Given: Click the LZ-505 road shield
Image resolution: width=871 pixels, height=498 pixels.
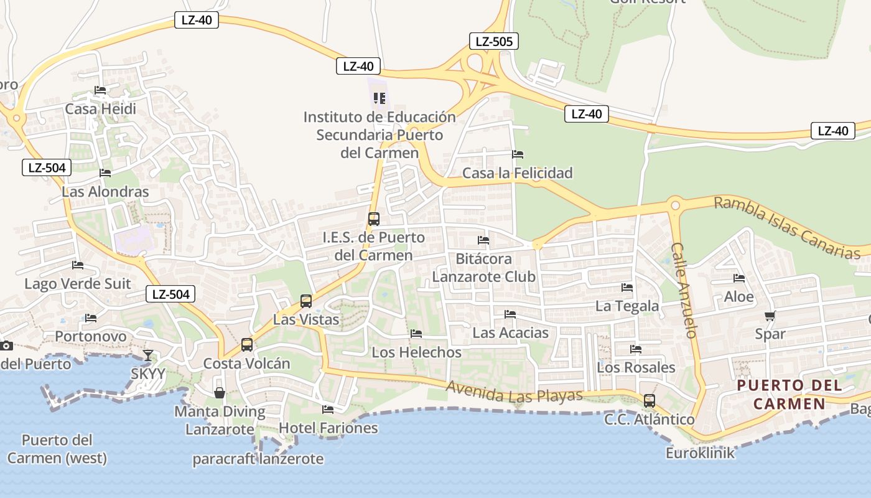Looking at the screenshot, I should click(493, 42).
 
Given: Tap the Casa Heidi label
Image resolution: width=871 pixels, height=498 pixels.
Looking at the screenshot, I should click(101, 109).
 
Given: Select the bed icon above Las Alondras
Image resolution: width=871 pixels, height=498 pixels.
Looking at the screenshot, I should click(105, 173).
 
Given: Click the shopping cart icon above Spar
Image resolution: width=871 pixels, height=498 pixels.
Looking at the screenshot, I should click(770, 316).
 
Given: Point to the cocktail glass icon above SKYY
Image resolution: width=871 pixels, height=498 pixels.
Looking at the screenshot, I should click(148, 355).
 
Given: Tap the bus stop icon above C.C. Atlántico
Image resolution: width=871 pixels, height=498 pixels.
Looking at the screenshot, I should click(650, 401).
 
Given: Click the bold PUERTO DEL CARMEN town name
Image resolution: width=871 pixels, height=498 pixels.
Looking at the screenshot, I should click(789, 395).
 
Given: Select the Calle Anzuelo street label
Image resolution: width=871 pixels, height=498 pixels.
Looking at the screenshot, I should click(684, 289).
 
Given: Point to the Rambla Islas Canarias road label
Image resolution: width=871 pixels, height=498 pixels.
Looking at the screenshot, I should click(787, 228).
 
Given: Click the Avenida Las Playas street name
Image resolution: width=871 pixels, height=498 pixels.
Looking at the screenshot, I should click(515, 391).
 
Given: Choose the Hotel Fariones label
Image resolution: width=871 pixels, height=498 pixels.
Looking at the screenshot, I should click(328, 428).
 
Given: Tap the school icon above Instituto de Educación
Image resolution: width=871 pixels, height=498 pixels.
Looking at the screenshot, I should click(380, 98).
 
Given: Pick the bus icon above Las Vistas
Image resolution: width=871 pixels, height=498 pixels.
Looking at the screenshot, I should click(306, 301).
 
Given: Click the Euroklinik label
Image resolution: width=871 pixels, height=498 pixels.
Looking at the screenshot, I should click(700, 453).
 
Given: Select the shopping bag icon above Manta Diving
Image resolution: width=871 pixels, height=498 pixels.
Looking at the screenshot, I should click(220, 393).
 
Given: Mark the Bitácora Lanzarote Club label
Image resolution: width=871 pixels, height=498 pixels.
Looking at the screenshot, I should click(484, 268).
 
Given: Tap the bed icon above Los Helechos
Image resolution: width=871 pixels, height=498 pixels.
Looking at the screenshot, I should click(416, 334).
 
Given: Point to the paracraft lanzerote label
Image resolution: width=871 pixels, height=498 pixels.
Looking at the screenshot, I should click(258, 459).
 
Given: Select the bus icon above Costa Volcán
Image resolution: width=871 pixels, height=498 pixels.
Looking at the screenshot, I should click(247, 344).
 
